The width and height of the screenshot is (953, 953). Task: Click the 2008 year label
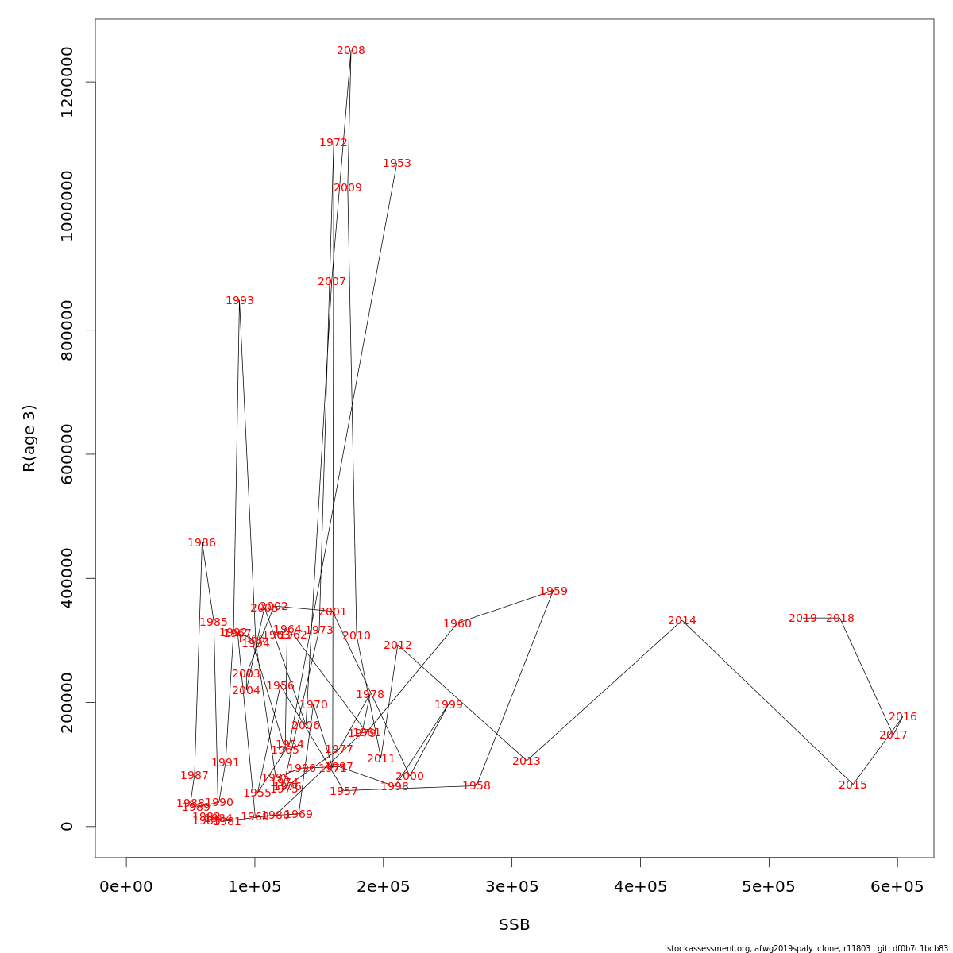(x=351, y=51)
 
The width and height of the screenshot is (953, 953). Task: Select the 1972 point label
(x=334, y=143)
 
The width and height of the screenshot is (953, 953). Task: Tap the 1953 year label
(x=397, y=164)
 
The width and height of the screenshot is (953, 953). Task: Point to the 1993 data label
(x=240, y=301)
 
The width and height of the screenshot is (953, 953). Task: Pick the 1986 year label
(x=202, y=543)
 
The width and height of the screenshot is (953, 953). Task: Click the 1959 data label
(x=554, y=592)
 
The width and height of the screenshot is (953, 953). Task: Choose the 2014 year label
(x=682, y=621)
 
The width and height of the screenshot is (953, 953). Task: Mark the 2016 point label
(x=903, y=717)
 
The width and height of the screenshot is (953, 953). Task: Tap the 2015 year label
(x=853, y=785)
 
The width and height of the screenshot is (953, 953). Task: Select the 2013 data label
(x=527, y=762)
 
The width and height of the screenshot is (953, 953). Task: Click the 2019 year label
(x=803, y=619)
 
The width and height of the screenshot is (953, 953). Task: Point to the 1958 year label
(x=476, y=786)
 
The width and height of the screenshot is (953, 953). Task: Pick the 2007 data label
(x=332, y=282)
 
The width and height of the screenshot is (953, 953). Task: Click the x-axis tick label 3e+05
(x=511, y=887)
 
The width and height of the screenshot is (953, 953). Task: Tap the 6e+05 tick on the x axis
(x=897, y=887)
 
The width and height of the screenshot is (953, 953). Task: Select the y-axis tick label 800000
(x=67, y=330)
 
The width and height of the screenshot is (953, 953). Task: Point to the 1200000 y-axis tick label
(x=67, y=82)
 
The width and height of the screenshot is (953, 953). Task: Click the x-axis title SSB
(x=514, y=925)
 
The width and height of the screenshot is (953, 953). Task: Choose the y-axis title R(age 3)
(x=29, y=438)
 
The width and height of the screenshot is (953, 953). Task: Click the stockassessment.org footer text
(x=807, y=948)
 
